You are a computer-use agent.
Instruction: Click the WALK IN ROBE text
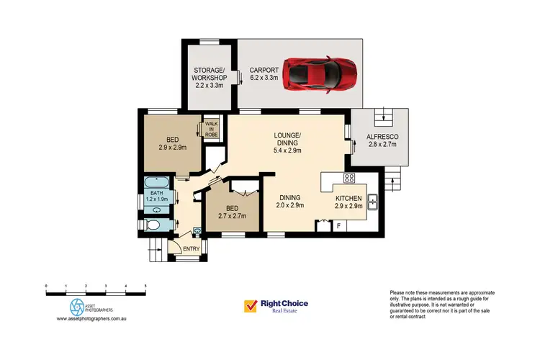click(x=212, y=130)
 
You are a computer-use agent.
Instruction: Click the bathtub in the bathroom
click(x=154, y=182)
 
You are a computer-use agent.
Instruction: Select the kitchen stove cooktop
click(x=349, y=179)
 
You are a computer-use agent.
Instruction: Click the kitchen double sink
click(x=374, y=204)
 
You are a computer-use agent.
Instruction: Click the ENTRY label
click(x=192, y=249)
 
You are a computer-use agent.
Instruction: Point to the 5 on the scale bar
click(x=145, y=287)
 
